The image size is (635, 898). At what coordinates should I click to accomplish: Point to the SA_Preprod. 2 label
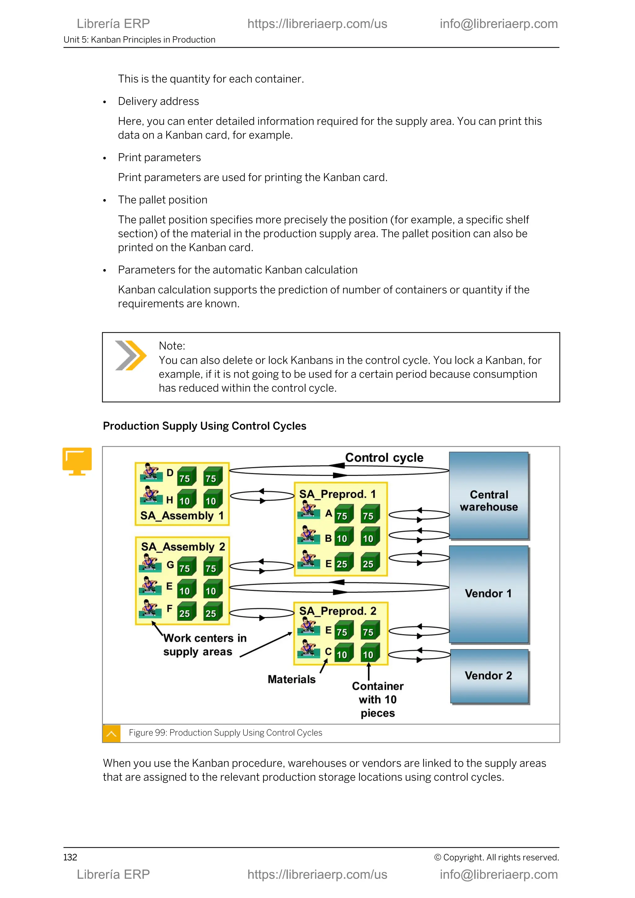point(337,611)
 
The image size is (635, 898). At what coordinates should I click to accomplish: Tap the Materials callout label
point(291,679)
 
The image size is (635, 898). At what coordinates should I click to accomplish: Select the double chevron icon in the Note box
point(131,355)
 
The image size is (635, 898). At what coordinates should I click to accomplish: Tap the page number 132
point(70,857)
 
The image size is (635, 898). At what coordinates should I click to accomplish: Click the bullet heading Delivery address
point(158,101)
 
